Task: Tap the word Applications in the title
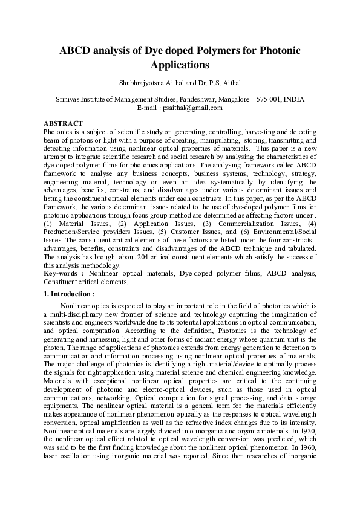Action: point(180,65)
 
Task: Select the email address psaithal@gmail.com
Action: point(194,108)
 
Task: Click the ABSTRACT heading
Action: point(63,123)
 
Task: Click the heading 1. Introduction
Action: point(69,294)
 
